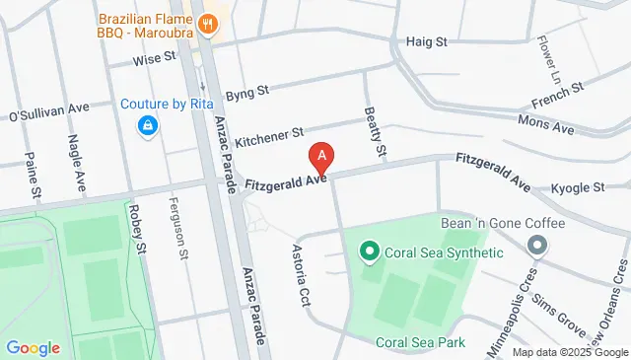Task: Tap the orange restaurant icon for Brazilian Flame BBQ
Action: tap(207, 21)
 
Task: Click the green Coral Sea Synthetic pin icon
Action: tap(370, 252)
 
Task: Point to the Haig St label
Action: tap(427, 42)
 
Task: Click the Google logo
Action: tap(33, 347)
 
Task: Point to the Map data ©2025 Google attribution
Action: tap(569, 352)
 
